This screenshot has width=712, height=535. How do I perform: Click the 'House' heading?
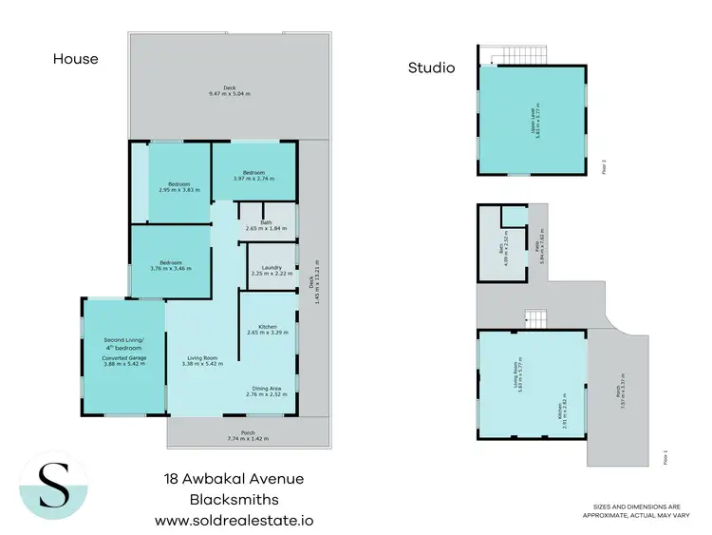coord(75,59)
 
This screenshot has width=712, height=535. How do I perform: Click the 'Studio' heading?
coord(431,67)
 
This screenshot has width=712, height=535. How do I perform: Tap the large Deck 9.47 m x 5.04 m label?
coord(228,91)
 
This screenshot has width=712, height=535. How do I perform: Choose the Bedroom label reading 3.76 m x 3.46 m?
coord(171,265)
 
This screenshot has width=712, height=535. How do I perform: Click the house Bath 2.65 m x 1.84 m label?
coord(266,225)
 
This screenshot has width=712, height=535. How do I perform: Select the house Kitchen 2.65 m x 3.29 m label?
coord(267,330)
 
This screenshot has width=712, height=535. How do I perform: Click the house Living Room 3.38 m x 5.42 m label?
coord(201,360)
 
